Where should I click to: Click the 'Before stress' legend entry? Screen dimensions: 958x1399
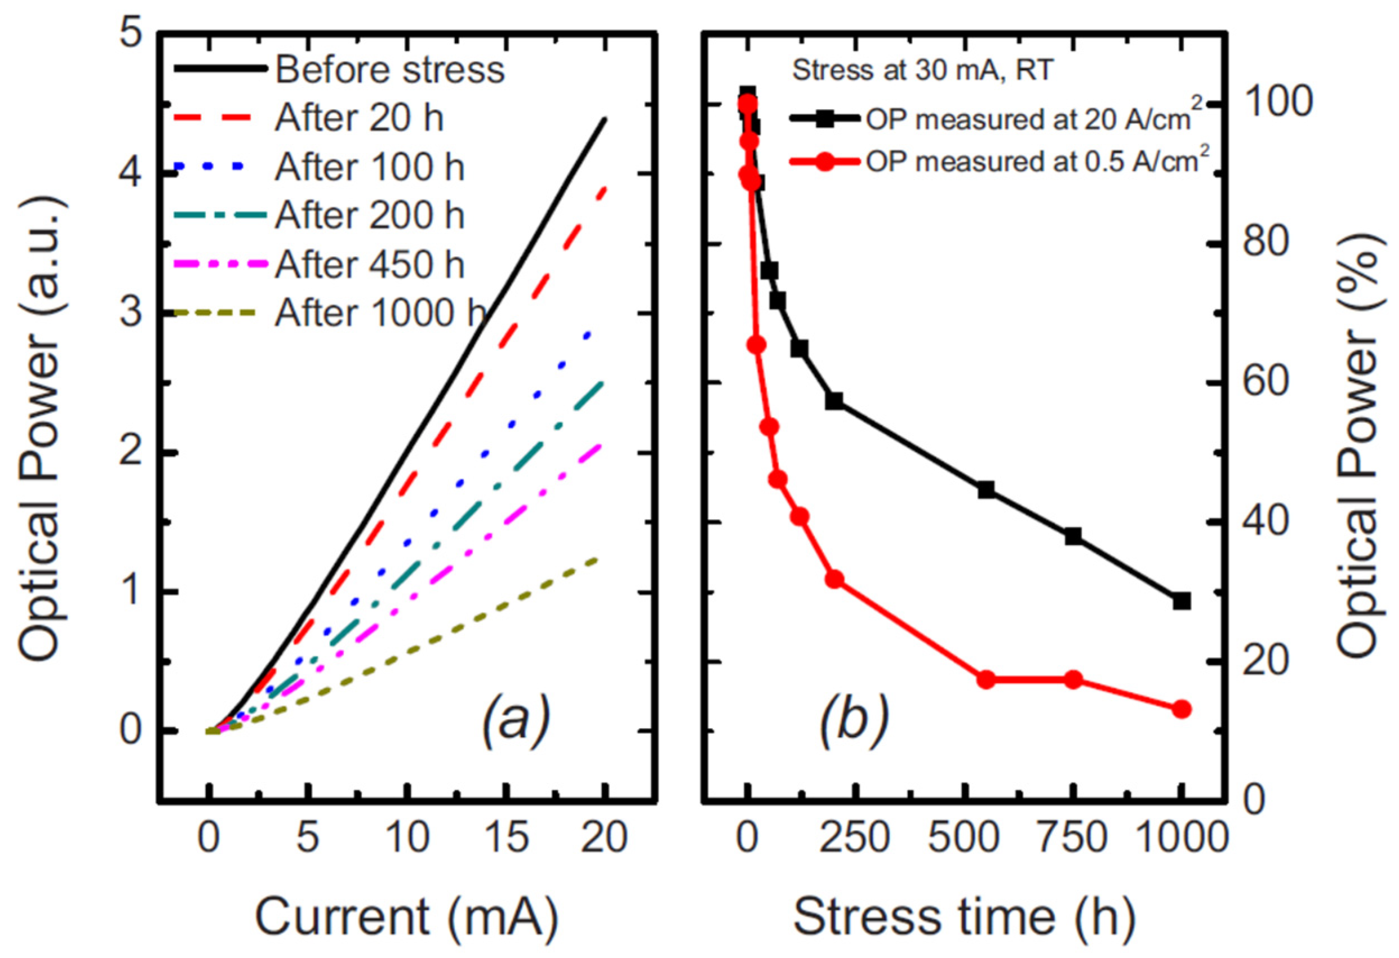[390, 70]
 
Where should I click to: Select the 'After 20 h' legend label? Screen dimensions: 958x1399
[359, 118]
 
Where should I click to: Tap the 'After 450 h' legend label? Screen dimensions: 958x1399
[370, 265]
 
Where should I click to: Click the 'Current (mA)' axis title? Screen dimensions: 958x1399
[408, 917]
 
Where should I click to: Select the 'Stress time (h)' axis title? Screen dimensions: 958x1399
[964, 917]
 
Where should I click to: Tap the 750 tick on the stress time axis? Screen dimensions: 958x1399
[1073, 837]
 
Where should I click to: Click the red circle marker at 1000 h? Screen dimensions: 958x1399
[1181, 710]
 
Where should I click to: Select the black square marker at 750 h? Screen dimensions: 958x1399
[1073, 536]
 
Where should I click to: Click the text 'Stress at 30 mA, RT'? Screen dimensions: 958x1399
[922, 71]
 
